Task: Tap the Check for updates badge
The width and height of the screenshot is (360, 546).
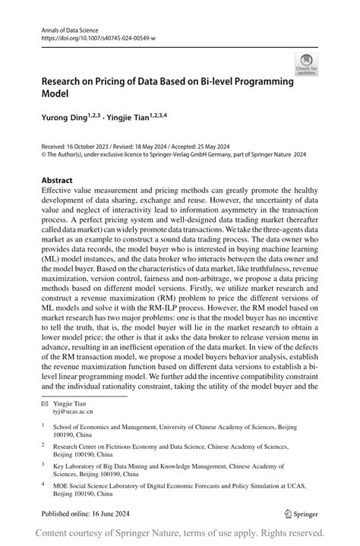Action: pos(307,65)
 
